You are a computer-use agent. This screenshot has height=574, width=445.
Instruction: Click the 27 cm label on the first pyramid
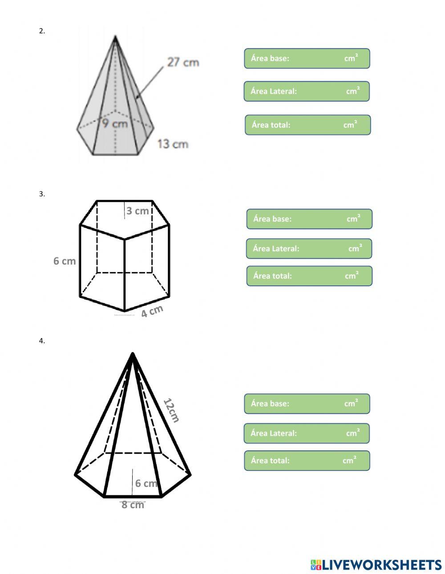pyautogui.click(x=183, y=62)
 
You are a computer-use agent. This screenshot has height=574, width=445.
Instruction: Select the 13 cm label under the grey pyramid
pyautogui.click(x=173, y=144)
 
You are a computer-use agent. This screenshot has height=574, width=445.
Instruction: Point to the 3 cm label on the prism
pyautogui.click(x=138, y=211)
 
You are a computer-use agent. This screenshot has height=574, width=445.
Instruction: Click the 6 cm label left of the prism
pyautogui.click(x=65, y=261)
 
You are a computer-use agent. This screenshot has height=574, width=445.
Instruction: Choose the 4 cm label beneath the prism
pyautogui.click(x=152, y=311)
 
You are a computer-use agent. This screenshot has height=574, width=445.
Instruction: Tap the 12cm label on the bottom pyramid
pyautogui.click(x=171, y=410)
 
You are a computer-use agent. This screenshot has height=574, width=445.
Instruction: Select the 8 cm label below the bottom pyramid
pyautogui.click(x=133, y=505)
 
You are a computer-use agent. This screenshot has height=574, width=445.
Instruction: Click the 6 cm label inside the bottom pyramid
pyautogui.click(x=146, y=483)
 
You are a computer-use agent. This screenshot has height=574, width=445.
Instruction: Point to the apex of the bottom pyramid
pyautogui.click(x=133, y=354)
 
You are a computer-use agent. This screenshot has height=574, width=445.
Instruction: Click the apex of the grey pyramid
pyautogui.click(x=115, y=37)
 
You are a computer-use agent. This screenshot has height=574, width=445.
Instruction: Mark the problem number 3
pyautogui.click(x=42, y=194)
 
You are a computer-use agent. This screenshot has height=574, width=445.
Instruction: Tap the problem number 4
pyautogui.click(x=42, y=341)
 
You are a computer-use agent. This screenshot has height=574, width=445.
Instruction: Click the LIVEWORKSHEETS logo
pyautogui.click(x=376, y=565)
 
